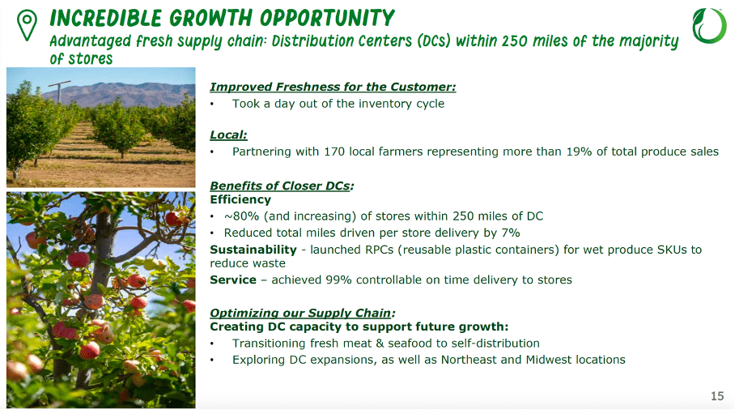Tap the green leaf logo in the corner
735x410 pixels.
(708, 25)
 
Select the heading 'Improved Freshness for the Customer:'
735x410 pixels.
(333, 87)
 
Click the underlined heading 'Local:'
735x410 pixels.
(228, 135)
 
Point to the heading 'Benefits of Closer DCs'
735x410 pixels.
(280, 185)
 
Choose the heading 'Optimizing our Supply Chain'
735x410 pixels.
(302, 312)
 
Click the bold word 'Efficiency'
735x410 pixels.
(240, 199)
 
